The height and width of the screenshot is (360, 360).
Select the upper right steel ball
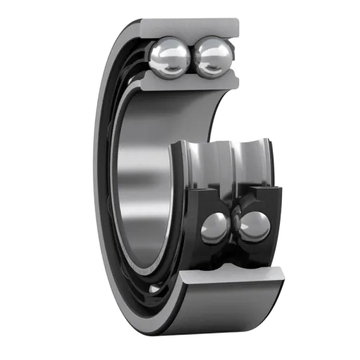tap(212, 56)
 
